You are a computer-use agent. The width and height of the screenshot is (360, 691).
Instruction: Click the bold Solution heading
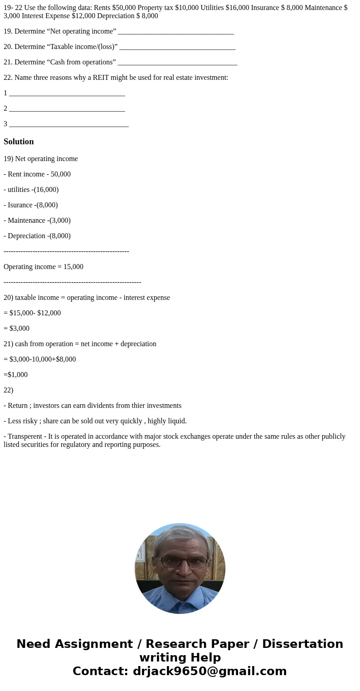click(19, 142)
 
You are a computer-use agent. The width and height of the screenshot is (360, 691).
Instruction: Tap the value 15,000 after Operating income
click(73, 267)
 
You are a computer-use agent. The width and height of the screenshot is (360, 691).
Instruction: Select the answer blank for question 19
click(175, 31)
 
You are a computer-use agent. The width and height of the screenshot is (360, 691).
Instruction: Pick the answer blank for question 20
click(177, 47)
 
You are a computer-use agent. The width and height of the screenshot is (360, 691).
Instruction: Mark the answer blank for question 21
click(177, 62)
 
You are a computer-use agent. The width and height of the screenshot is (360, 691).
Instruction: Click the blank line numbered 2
click(67, 108)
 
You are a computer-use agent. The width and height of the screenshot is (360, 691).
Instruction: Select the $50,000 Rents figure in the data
click(125, 8)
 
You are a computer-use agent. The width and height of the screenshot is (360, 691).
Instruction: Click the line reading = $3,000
click(17, 328)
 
